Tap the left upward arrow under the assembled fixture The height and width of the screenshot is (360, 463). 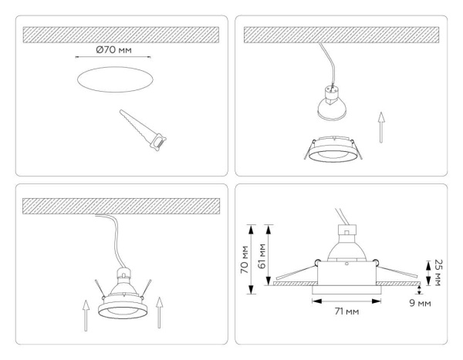[x=86, y=315]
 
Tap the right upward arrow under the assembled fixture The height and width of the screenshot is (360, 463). [x=160, y=315]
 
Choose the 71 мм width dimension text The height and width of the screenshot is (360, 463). [x=346, y=313]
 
